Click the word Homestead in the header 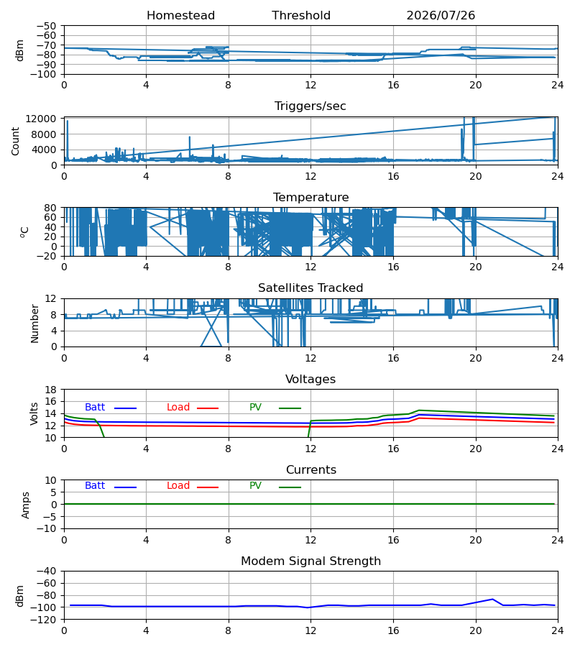[180, 16]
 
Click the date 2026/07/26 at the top [441, 16]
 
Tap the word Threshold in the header [301, 16]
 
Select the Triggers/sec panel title [310, 106]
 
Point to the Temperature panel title [310, 197]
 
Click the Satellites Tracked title [310, 288]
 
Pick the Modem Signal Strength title [310, 561]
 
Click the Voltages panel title [310, 379]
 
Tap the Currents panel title [311, 470]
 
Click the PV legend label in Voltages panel [255, 408]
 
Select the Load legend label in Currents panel [178, 486]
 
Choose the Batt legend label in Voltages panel [95, 408]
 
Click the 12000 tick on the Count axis [41, 119]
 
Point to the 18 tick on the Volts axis [51, 390]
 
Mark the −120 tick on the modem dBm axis [47, 620]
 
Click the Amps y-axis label [26, 505]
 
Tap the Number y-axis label [34, 324]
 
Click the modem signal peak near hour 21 [492, 599]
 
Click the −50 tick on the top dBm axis [47, 26]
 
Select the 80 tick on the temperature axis [51, 208]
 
